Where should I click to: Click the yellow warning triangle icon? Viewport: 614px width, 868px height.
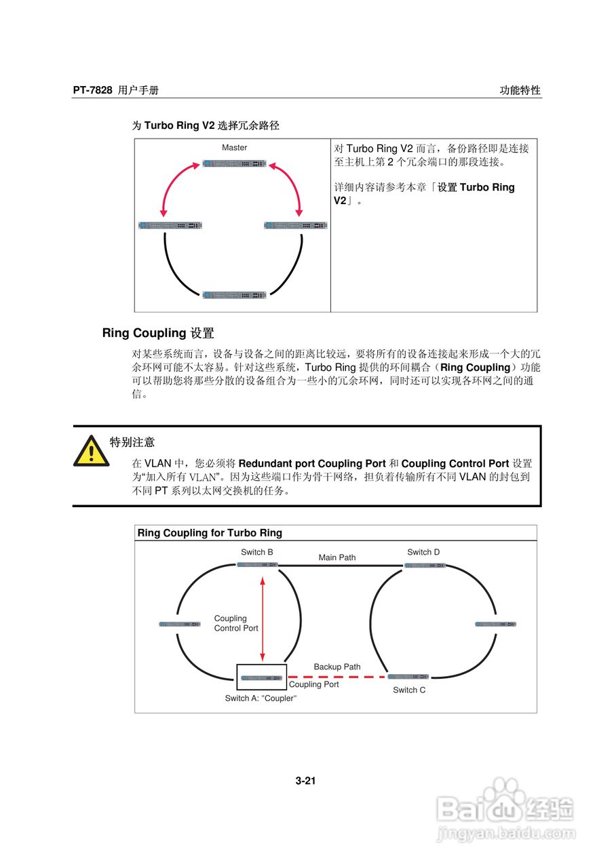point(91,451)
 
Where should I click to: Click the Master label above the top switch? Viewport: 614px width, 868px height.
point(235,147)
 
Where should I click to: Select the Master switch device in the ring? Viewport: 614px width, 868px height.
point(235,163)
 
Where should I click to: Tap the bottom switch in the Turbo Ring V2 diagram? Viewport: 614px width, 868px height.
point(235,294)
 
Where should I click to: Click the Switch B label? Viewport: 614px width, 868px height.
point(257,552)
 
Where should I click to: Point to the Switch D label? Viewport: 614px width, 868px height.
point(423,552)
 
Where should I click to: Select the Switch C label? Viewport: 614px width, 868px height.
point(409,690)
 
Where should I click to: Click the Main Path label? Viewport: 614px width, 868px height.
point(337,557)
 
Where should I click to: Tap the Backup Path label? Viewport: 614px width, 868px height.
point(337,667)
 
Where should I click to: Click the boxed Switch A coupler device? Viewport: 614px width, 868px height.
point(261,677)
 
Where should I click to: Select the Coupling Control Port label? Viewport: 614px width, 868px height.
point(235,623)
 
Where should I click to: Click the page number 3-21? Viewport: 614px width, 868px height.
point(306,781)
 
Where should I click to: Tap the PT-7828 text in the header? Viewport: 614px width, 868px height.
point(92,90)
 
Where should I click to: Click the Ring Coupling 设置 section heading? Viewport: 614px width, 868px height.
point(158,333)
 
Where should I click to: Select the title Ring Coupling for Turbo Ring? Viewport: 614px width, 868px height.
point(210,533)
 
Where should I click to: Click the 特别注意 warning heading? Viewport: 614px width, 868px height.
point(132,442)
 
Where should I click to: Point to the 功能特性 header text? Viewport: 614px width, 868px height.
point(520,90)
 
